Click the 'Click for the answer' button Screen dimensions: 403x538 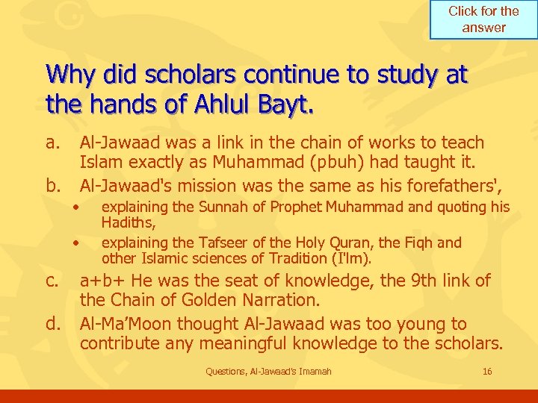(483, 19)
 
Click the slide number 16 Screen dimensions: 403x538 (487, 372)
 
